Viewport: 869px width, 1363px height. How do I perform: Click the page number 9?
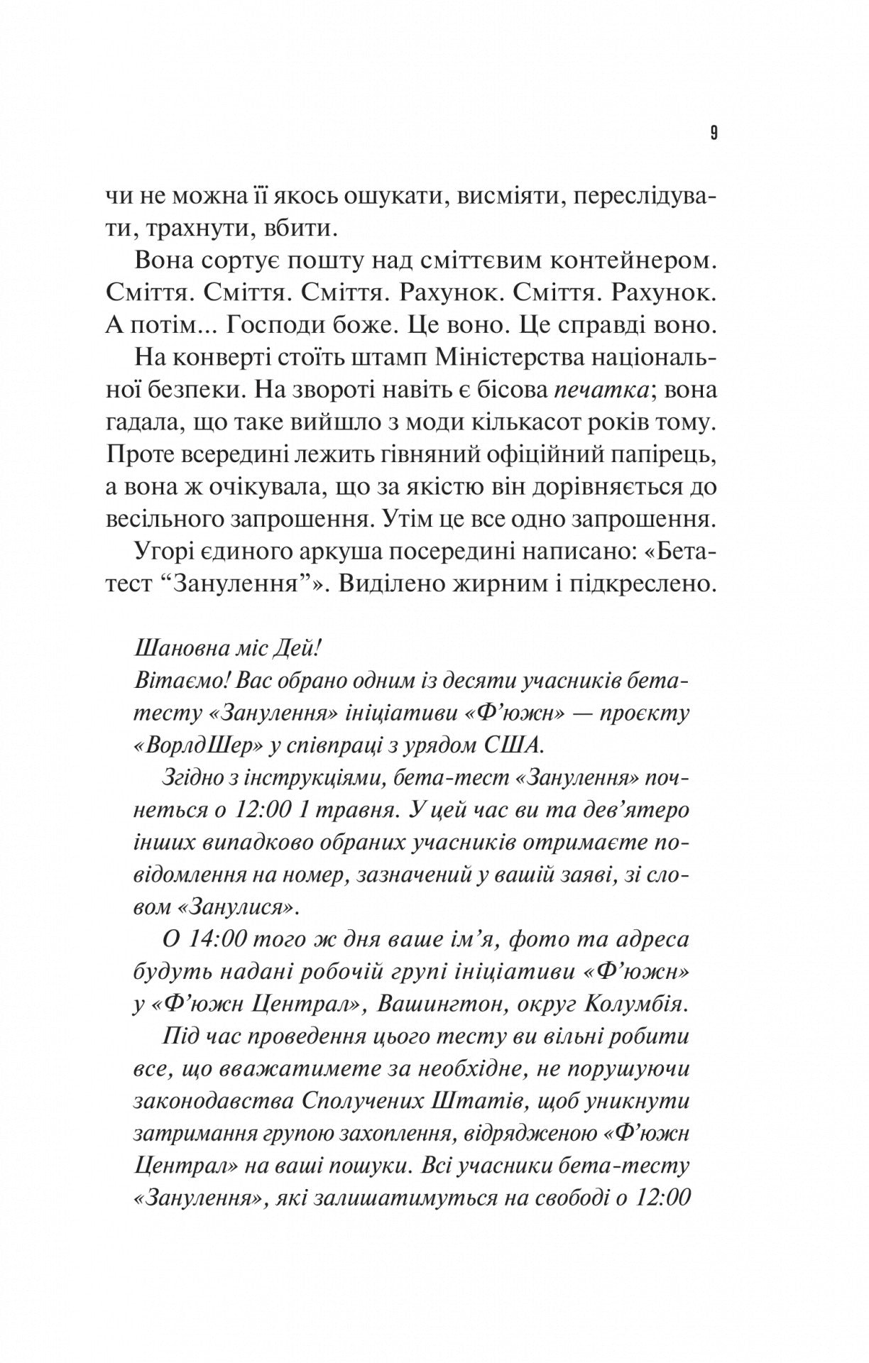coord(713,134)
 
